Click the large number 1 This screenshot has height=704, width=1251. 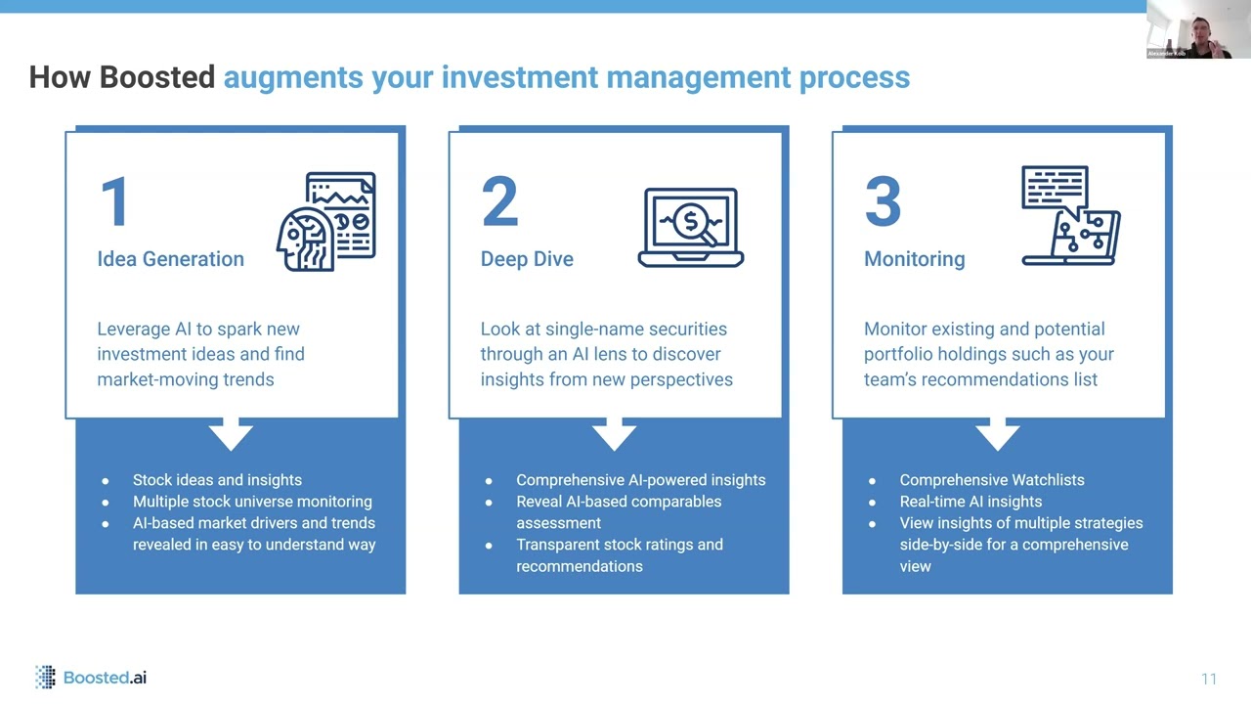tap(114, 202)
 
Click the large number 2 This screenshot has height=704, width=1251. tap(499, 202)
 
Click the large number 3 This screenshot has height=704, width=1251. tap(883, 202)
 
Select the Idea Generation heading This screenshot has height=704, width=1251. tap(170, 259)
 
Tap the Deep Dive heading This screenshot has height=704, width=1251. tap(527, 259)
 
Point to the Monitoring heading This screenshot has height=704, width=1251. tap(914, 259)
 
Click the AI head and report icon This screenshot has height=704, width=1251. tap(326, 221)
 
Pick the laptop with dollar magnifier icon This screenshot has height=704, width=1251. tap(691, 227)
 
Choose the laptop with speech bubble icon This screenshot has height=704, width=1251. tap(1070, 216)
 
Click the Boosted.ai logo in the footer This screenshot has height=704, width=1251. tap(91, 677)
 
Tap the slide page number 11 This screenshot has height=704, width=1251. tap(1209, 679)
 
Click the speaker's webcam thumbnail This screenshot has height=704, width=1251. tap(1197, 29)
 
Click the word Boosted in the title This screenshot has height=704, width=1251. tap(157, 77)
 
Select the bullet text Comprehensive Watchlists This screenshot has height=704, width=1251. tap(992, 480)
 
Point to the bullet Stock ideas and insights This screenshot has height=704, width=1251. tap(217, 480)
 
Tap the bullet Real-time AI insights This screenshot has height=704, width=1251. tap(971, 502)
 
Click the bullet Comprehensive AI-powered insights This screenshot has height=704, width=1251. tap(640, 480)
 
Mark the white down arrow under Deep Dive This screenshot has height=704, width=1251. tap(614, 433)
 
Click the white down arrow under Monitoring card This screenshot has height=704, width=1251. tap(997, 433)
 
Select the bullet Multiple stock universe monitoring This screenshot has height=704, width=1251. tap(252, 502)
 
